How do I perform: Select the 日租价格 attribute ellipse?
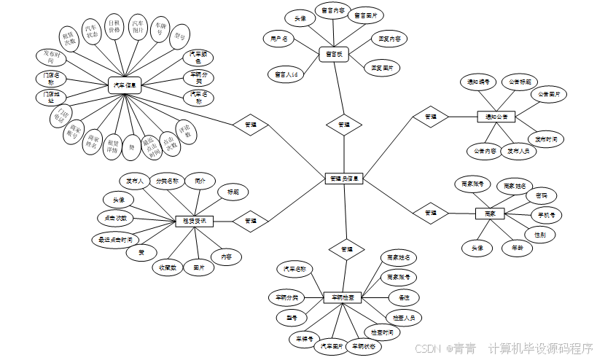point(114,27)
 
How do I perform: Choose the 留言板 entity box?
point(334,53)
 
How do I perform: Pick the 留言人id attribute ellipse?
point(286,74)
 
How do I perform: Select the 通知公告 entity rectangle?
point(496,116)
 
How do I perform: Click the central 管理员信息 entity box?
point(343,177)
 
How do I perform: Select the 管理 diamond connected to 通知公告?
point(430,116)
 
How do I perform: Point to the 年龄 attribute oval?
point(518,248)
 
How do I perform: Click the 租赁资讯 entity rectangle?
point(195,220)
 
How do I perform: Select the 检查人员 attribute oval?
point(402,318)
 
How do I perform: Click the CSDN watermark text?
point(429,348)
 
